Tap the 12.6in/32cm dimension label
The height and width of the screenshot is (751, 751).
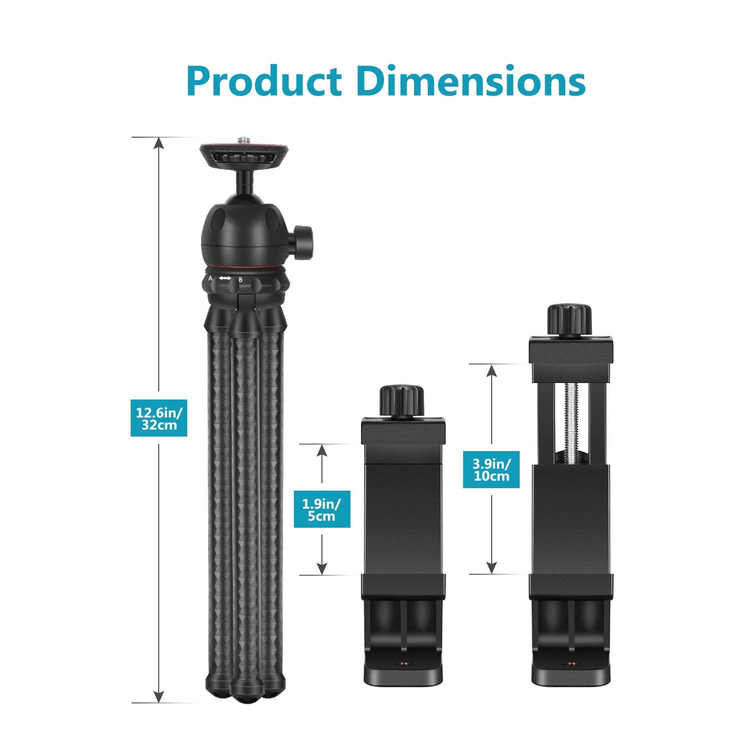click(159, 418)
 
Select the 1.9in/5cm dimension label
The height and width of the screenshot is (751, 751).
click(322, 509)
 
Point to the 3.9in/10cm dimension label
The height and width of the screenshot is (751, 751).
click(491, 470)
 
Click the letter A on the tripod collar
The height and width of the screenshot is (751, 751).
click(210, 278)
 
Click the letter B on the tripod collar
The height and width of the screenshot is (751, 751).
click(240, 280)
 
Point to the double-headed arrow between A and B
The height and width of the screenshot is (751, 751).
click(225, 278)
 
